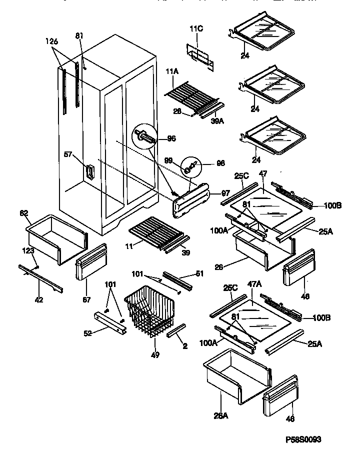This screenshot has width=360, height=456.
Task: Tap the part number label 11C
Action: pos(196,29)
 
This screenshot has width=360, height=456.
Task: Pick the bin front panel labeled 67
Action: pos(91,263)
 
